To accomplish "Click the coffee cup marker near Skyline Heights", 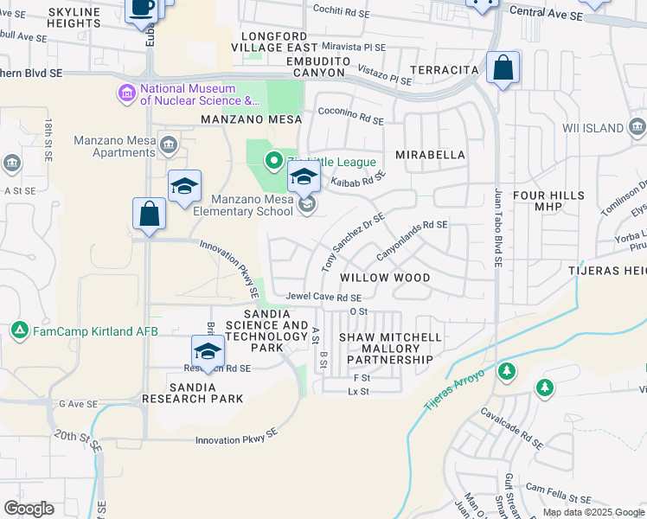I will tap(143, 8).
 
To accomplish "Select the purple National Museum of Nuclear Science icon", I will tap(127, 92).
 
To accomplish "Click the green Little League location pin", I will tap(274, 159).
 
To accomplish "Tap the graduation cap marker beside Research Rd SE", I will tap(208, 351).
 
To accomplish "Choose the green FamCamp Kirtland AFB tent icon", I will tap(19, 330).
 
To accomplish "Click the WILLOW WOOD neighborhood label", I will tap(385, 279).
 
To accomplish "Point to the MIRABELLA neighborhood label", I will tap(430, 155).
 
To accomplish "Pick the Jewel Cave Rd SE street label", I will tap(323, 298).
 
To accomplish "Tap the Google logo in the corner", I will tap(29, 509).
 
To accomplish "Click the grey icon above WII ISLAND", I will tap(637, 129).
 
